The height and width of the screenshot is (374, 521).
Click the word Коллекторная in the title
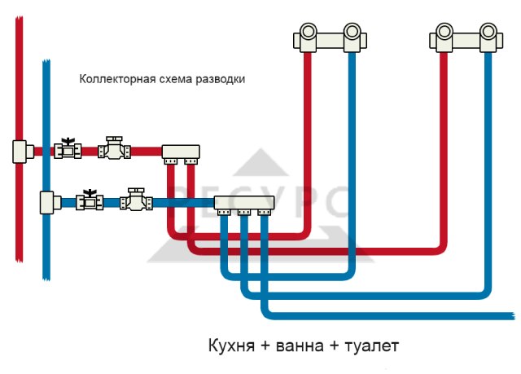point(117,80)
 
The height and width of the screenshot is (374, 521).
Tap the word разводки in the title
point(221,80)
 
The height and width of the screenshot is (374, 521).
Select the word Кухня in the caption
point(231,345)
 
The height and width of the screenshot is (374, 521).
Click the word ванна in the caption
point(300,346)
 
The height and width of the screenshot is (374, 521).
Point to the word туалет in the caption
point(372,345)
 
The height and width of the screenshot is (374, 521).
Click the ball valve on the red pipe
point(68,149)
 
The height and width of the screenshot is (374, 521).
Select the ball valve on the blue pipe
point(90,200)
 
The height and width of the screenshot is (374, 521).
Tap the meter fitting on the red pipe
point(114,147)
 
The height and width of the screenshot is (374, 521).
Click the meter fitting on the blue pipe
point(136,200)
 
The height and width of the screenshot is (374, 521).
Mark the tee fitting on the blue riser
point(50,202)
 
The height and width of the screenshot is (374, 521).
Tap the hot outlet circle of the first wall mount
point(309,32)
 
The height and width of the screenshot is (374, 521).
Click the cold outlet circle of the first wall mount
point(352,32)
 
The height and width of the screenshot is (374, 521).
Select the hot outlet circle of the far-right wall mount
point(444,32)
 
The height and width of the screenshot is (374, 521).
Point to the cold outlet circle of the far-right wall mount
point(488,32)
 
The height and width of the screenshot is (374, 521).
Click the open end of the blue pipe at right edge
point(514,316)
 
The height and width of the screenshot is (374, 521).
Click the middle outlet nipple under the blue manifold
point(244,212)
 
